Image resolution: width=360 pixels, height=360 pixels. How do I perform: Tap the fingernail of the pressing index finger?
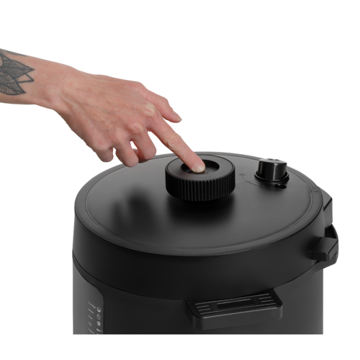[x=197, y=168]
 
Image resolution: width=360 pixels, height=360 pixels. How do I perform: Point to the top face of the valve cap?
[x=272, y=166]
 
